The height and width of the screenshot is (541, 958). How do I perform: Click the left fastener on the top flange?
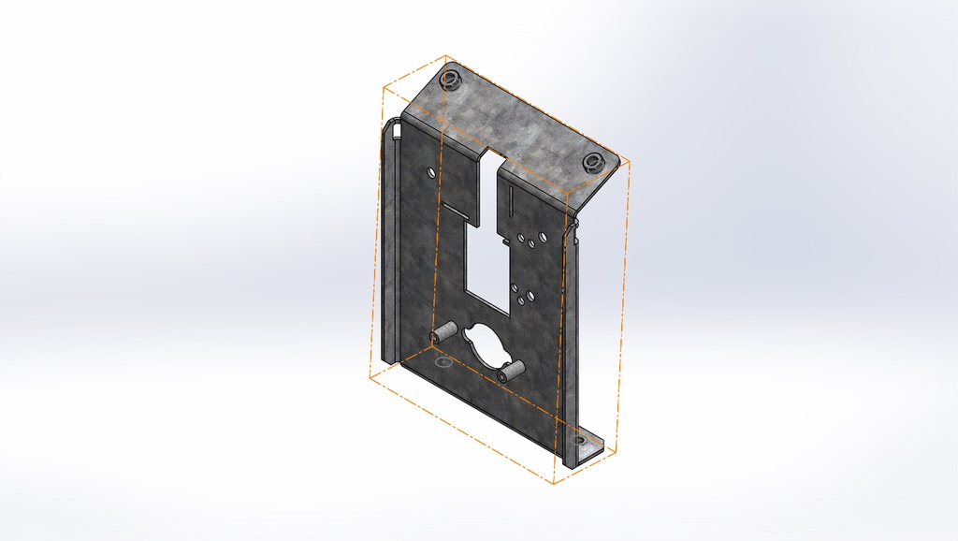450,78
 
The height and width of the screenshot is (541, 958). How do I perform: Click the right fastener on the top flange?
592,162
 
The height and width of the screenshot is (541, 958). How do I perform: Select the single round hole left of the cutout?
429,174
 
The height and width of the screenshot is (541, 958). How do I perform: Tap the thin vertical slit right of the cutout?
513,199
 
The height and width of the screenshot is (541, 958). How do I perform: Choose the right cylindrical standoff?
510,372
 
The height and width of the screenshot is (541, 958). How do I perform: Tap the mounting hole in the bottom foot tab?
579,440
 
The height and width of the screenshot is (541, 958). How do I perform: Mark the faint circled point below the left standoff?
443,360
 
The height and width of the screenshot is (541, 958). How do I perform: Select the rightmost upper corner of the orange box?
629,161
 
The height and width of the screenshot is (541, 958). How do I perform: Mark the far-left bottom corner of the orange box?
370,379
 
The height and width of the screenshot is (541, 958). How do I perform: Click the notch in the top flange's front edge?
492,155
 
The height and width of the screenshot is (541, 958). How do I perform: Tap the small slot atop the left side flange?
397,130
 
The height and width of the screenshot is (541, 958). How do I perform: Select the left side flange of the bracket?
391,243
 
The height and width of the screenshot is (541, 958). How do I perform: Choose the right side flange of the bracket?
572,346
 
